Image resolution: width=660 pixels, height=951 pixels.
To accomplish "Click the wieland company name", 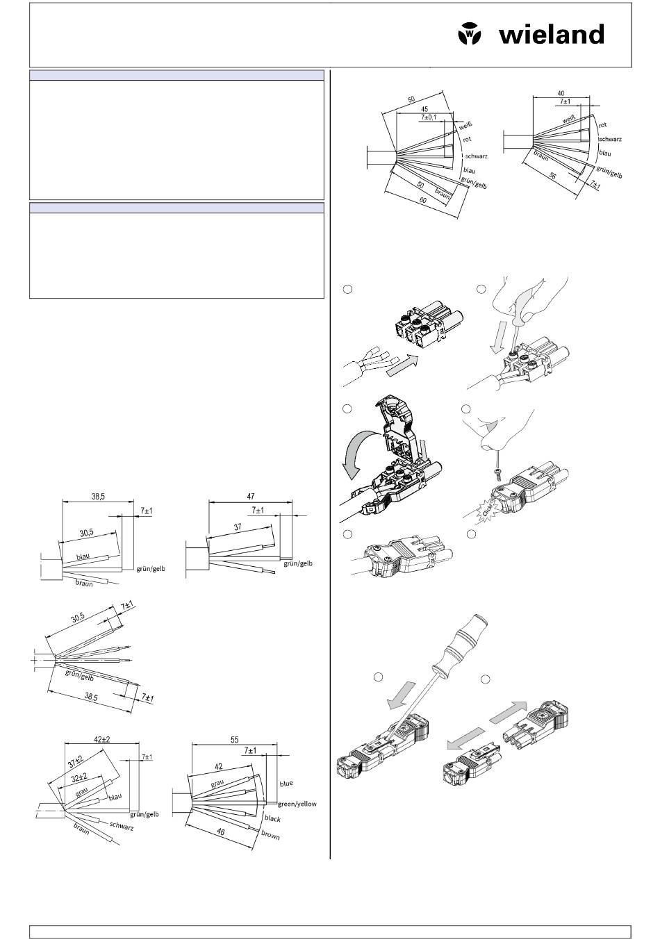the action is pyautogui.click(x=552, y=34).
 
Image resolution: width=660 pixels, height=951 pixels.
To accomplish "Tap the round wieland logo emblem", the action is pyautogui.click(x=470, y=33).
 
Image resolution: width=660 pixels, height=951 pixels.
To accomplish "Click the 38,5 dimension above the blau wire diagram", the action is pyautogui.click(x=98, y=496).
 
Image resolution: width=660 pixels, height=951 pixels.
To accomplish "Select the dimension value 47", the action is pyautogui.click(x=251, y=496).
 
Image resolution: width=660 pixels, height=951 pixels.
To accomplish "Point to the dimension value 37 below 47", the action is pyautogui.click(x=238, y=527).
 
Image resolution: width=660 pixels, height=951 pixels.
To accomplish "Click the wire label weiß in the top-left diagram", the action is pyautogui.click(x=465, y=126).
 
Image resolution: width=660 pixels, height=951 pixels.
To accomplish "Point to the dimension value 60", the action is pyautogui.click(x=422, y=200).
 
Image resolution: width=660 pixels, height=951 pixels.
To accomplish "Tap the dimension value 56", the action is pyautogui.click(x=552, y=175).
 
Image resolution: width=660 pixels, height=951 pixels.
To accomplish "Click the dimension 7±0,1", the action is pyautogui.click(x=429, y=117).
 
